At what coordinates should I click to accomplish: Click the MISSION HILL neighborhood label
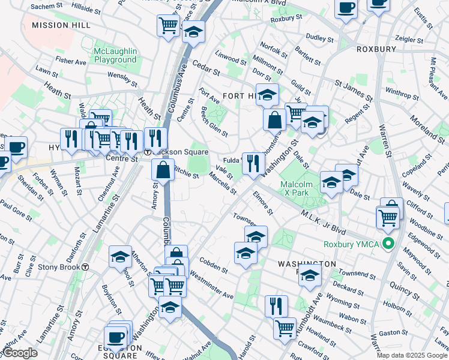(61, 25)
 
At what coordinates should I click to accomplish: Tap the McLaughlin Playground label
(115, 55)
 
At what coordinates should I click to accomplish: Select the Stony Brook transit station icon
(85, 267)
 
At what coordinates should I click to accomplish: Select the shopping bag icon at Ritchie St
(163, 169)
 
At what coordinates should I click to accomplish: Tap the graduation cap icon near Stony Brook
(121, 256)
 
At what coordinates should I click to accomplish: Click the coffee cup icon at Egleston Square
(115, 335)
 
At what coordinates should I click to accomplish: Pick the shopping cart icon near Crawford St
(285, 328)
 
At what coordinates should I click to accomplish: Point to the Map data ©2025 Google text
(411, 355)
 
